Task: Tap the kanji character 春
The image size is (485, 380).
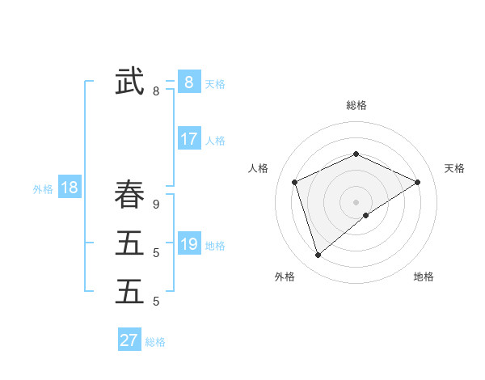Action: coord(129,195)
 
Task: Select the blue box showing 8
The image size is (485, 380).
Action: coord(188,82)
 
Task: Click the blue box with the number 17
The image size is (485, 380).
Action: coord(188,139)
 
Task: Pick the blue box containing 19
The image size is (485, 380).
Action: coord(188,244)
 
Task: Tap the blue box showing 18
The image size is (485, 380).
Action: coord(70,188)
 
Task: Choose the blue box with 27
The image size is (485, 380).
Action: coord(129,340)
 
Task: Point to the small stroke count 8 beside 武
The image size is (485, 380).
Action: coord(156,91)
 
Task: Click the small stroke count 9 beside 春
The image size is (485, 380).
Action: coord(156,205)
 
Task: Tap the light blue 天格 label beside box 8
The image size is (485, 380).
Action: coord(215,83)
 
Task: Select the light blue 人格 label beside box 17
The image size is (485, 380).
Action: coord(215,141)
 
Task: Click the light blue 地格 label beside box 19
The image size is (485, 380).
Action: coord(215,246)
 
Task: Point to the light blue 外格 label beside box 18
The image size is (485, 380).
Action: coord(43,189)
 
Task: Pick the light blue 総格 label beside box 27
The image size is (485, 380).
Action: coord(155,342)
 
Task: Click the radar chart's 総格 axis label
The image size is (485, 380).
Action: coord(356,105)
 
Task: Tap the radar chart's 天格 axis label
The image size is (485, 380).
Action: coord(454,168)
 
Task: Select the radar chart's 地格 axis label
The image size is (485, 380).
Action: coord(424,277)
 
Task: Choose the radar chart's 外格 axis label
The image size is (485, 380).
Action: coord(285,277)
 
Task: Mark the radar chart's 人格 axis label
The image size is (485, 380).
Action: coord(258,168)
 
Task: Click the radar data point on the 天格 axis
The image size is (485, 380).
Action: coord(418,182)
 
